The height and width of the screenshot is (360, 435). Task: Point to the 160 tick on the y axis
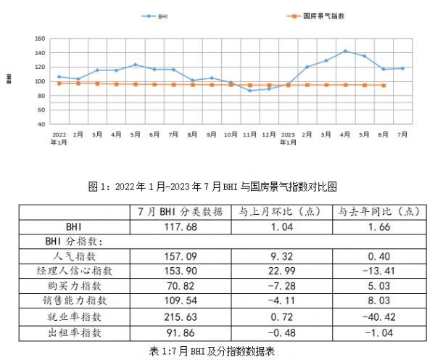tap(41, 39)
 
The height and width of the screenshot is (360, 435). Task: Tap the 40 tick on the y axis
tap(42, 124)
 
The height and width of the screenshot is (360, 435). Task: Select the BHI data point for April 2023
tap(345, 52)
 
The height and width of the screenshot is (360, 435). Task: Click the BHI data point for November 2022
tap(250, 91)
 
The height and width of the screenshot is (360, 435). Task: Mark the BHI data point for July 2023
tap(402, 68)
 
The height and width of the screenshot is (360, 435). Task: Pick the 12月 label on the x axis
tap(268, 135)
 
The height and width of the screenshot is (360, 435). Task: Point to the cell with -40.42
tap(377, 316)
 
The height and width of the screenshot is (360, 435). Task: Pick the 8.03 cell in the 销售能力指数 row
tap(377, 301)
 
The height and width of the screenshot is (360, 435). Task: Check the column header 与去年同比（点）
tap(377, 212)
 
